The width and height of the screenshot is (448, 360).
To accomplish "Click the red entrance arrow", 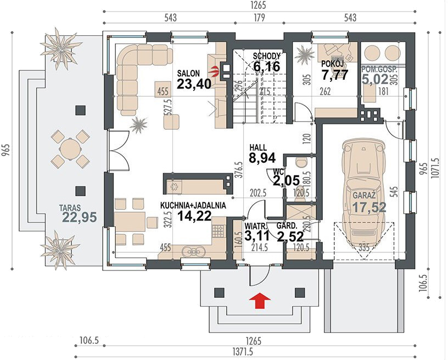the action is coord(260,300).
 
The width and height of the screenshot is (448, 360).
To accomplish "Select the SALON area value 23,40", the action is coord(194,84).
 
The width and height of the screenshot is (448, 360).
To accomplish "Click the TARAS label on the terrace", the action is coord(70,207).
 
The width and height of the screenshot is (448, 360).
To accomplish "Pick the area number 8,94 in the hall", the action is coord(262,158).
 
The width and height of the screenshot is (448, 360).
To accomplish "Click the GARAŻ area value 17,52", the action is coord(369,207).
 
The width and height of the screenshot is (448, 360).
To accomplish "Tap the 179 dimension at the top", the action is coord(259,18).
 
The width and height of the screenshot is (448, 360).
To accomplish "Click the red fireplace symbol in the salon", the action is coord(215,71).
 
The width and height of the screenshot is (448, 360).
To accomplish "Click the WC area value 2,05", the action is coord(286,181).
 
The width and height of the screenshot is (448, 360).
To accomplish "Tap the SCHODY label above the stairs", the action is coord(268,56).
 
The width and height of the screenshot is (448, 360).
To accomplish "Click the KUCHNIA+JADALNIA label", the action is coord(193,206).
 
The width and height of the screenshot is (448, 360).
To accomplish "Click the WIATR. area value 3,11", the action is coord(257,236).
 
